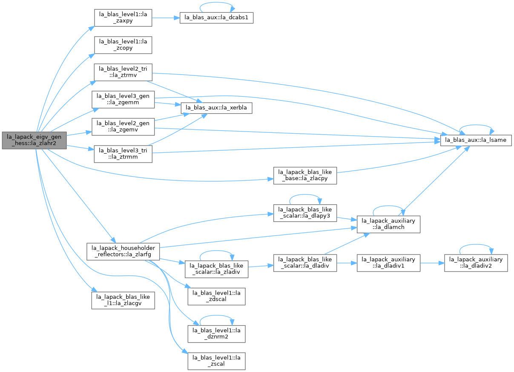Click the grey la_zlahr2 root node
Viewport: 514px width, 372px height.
[34, 140]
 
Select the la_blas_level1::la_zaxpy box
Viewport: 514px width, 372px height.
[123, 17]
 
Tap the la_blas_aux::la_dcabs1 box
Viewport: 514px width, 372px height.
[216, 17]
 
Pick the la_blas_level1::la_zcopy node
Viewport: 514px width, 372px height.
[123, 45]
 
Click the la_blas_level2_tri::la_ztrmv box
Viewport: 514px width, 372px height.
[123, 72]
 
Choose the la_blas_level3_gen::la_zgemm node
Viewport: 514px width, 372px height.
[123, 100]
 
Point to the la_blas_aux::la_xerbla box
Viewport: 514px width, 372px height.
[216, 108]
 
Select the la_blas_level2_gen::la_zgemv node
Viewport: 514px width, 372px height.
[123, 127]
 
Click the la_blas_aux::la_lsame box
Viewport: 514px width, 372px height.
[476, 140]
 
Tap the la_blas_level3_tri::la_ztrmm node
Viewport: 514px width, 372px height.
[123, 154]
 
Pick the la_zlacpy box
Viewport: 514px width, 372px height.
[305, 175]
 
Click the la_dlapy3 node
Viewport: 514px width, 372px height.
[305, 213]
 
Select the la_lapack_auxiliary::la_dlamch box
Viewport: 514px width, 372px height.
[388, 224]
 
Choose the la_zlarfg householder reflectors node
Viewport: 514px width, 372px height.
[123, 252]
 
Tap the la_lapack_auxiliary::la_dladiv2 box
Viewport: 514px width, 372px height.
[476, 263]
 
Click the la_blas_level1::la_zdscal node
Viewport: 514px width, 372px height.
[216, 297]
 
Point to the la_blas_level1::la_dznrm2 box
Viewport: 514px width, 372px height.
[216, 334]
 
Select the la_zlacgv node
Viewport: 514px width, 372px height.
[123, 300]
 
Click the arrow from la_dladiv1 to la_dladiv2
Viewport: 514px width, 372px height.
[432, 263]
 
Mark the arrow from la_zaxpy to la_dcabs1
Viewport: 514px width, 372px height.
[166, 17]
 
